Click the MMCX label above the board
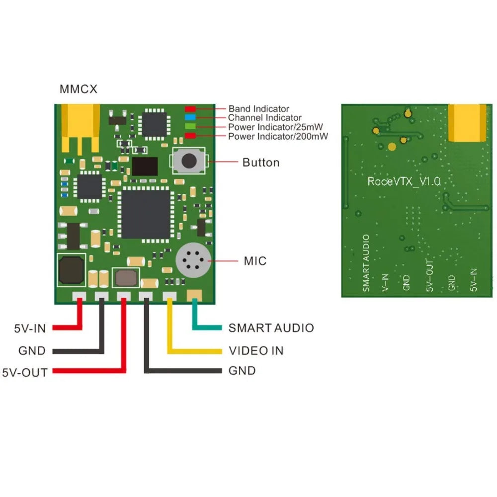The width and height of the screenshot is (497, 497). pyautogui.click(x=79, y=89)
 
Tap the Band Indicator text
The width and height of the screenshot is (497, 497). pyautogui.click(x=258, y=108)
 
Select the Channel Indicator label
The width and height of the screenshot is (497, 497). pyautogui.click(x=264, y=118)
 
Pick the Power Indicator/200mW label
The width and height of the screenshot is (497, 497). pyautogui.click(x=278, y=136)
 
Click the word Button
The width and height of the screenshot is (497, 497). pyautogui.click(x=260, y=163)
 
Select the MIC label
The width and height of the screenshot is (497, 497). pyautogui.click(x=255, y=261)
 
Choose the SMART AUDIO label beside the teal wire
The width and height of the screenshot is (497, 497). pyautogui.click(x=271, y=328)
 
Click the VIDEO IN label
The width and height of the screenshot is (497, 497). pyautogui.click(x=256, y=351)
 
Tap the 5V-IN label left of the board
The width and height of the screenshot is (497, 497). pyautogui.click(x=29, y=328)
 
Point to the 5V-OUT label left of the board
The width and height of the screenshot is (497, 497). pyautogui.click(x=25, y=372)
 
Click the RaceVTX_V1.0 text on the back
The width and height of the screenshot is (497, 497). pyautogui.click(x=404, y=181)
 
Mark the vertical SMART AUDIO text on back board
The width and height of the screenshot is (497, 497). pyautogui.click(x=366, y=263)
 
